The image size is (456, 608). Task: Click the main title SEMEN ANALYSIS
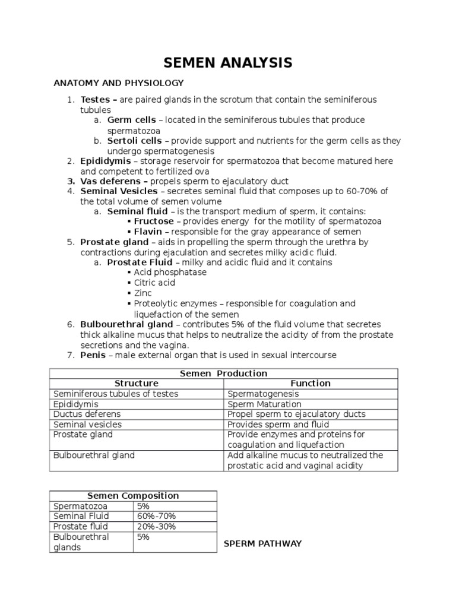coord(228,62)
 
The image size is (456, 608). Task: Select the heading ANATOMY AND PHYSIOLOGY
coord(119,83)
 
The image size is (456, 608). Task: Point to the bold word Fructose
coord(154,221)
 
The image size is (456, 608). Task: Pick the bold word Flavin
coord(148,232)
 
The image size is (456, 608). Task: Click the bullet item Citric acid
coord(154,283)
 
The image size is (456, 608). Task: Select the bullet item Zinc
coord(143,293)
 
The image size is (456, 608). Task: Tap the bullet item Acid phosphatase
coord(170,273)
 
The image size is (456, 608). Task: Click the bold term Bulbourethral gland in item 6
coord(126,324)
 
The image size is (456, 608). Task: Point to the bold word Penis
coord(93,355)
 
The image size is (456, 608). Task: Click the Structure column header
coord(136,384)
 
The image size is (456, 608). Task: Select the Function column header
coord(310,384)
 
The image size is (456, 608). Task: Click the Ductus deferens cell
coord(87,414)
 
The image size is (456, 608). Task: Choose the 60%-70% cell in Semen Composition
coord(156,516)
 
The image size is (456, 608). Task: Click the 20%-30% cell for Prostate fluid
coord(156,526)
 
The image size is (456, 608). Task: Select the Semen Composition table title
coord(133,496)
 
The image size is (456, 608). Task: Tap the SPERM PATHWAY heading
coord(262,544)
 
